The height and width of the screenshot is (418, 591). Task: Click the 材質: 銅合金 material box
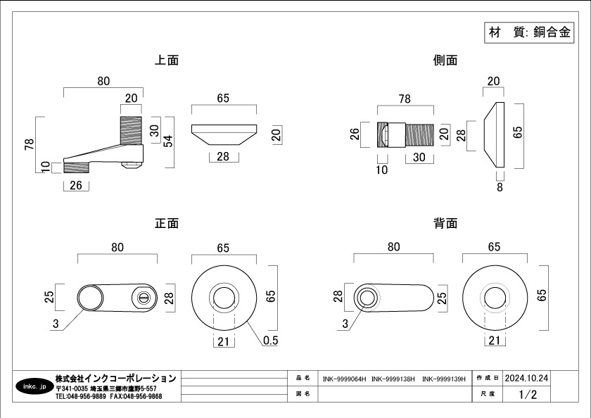click(x=529, y=32)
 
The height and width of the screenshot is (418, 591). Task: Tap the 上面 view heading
click(x=167, y=61)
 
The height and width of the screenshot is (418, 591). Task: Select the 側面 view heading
click(x=445, y=61)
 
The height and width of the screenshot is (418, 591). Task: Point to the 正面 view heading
click(x=167, y=224)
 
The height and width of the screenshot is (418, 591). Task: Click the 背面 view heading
click(x=445, y=224)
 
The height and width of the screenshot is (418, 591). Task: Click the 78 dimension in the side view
click(x=404, y=99)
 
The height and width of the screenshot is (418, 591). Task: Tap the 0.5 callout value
click(x=269, y=341)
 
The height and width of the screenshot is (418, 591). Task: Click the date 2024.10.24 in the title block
click(x=526, y=378)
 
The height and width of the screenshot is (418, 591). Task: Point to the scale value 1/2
click(x=526, y=395)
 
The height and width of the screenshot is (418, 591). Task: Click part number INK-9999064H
click(x=344, y=379)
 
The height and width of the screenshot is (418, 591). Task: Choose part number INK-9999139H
click(x=444, y=379)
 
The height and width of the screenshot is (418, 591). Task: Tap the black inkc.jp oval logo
click(x=34, y=387)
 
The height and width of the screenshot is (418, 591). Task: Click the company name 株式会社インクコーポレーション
click(x=115, y=379)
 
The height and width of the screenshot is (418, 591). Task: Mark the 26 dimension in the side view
click(x=355, y=134)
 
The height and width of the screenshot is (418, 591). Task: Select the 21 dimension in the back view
click(x=494, y=341)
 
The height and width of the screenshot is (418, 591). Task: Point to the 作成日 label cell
click(x=488, y=378)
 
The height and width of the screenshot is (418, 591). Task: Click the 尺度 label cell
click(x=488, y=395)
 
